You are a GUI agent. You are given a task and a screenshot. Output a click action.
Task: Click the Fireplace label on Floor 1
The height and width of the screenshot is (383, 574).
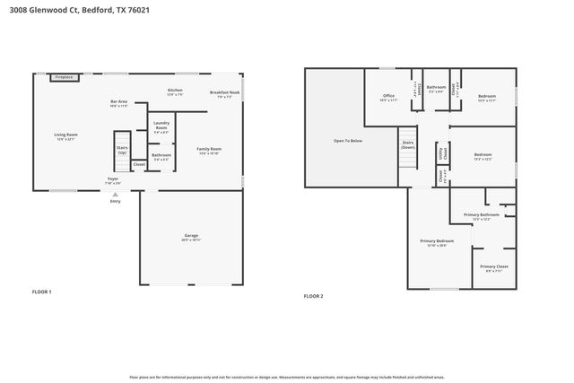coord(64,78)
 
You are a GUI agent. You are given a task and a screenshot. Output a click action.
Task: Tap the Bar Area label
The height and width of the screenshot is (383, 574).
coord(118,102)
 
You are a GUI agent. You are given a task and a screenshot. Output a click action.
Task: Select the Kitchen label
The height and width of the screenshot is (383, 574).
coord(175,91)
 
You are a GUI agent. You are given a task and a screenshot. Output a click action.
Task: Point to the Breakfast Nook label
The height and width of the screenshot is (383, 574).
coord(224,92)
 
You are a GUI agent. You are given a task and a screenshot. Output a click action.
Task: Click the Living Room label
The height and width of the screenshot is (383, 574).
coord(66,135)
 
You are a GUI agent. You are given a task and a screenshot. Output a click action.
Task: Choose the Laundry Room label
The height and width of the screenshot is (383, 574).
coord(161,125)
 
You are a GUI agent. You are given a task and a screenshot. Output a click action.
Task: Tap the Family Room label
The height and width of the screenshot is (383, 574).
coord(209,149)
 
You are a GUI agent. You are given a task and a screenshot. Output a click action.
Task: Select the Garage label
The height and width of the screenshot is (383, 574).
coord(191,236)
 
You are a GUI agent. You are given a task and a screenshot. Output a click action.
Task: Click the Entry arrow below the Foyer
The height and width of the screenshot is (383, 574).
coord(115,195)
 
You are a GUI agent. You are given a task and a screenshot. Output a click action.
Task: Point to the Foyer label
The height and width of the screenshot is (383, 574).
coord(113,178)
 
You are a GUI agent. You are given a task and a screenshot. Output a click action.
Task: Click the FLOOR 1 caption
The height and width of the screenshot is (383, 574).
coord(42,292)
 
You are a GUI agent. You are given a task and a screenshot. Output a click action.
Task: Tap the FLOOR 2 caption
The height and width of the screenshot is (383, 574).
coord(313,296)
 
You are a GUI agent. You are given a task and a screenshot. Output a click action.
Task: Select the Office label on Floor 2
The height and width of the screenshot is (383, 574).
coord(388,95)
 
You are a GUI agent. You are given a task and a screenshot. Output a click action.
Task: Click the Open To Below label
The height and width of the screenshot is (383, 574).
coord(348,141)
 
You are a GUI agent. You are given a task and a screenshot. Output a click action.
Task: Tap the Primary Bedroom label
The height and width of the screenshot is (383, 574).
coord(438,240)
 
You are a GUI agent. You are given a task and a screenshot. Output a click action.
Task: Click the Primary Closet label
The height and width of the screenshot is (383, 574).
coord(493,266)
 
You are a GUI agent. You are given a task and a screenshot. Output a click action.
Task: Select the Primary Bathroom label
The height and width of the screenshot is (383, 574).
coord(482,215)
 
